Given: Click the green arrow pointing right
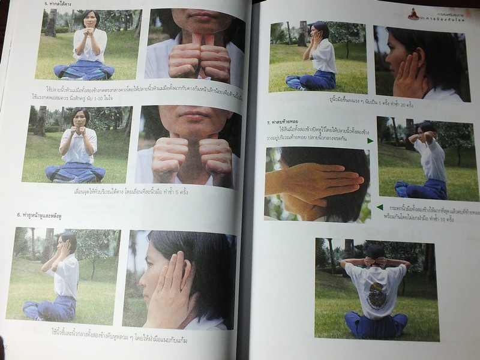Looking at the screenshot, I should click(x=370, y=140).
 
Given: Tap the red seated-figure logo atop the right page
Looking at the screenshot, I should click(x=413, y=14).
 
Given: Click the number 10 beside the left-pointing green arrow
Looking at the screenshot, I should click(x=435, y=221).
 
